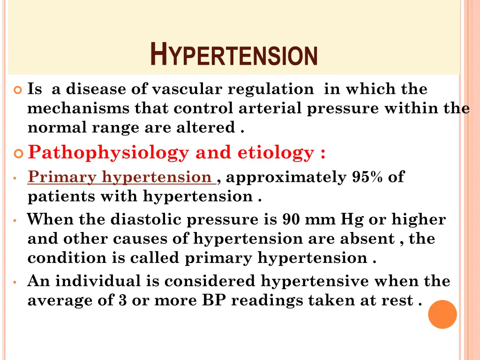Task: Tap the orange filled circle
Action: click(442, 314)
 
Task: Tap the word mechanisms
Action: click(79, 108)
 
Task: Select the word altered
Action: click(210, 127)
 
